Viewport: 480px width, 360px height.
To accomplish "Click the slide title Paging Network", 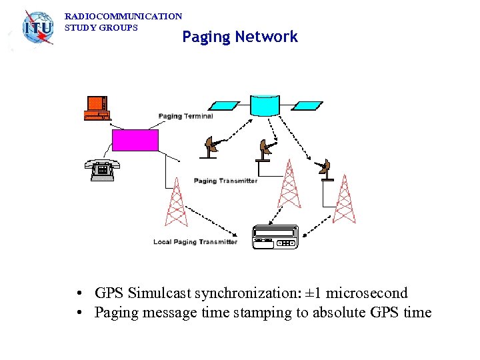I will pos(240,37).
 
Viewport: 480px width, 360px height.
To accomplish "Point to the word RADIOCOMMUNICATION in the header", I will pos(123,16).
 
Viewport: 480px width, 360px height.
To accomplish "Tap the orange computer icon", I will pos(96,108).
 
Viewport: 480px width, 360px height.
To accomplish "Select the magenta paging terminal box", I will pos(135,140).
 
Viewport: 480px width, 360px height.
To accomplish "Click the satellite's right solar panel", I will pos(307,105).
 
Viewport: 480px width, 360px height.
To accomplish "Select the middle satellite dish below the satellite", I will pos(267,150).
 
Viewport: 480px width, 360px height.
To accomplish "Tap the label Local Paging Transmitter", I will pos(195,242).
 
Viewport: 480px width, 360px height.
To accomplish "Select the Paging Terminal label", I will pos(186,116).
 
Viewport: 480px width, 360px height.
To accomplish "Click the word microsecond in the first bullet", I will pos(366,293).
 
